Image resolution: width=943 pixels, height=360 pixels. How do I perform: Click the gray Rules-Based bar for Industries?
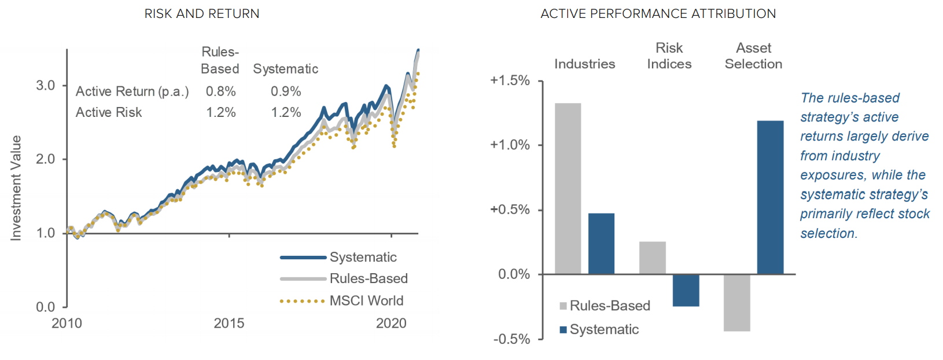point(568,189)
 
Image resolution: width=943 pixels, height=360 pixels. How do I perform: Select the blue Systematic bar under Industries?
point(601,244)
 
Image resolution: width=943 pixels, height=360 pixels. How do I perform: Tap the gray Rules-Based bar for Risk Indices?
point(653,258)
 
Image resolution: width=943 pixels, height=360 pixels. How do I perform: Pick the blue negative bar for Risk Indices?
point(686,291)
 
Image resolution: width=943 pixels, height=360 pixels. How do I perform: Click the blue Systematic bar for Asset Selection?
point(771,197)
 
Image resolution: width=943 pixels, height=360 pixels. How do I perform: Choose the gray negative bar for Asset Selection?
point(737,303)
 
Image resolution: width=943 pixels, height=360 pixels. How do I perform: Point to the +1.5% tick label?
point(510,80)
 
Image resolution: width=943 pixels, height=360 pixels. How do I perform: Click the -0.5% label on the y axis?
point(511,339)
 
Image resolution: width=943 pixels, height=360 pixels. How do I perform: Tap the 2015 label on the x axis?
point(229,324)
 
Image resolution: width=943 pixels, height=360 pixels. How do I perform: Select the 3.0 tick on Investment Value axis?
point(46,86)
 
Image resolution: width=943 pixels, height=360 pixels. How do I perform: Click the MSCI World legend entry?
point(342,300)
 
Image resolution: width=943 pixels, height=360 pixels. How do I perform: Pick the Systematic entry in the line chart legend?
point(338,257)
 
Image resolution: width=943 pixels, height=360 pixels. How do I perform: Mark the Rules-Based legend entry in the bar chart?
point(605,306)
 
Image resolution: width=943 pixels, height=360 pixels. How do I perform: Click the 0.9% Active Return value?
point(286,91)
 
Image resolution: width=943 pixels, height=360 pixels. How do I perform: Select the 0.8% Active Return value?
point(220,91)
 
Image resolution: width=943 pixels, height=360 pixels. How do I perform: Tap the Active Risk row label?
point(109,112)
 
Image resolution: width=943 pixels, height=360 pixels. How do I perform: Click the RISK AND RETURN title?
point(202,14)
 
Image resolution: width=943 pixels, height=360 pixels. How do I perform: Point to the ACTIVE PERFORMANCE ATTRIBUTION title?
point(658,14)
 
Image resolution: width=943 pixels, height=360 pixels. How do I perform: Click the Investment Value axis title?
point(16,188)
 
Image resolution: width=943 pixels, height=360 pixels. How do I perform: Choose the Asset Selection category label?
point(754,56)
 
